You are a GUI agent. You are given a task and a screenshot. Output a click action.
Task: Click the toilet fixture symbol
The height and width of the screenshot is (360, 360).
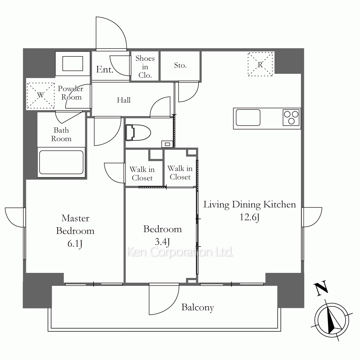click(138, 133)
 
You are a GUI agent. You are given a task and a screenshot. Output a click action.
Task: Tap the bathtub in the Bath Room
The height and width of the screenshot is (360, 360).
click(61, 162)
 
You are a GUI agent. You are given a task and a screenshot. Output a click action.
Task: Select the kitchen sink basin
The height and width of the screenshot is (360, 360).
click(248, 117)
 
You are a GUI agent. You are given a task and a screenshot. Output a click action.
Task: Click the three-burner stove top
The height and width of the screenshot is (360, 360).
click(291, 117)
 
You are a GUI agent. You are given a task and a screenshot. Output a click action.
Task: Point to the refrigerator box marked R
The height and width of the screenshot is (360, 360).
click(260, 64)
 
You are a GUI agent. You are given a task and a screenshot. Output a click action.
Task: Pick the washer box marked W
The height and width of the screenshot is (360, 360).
click(41, 95)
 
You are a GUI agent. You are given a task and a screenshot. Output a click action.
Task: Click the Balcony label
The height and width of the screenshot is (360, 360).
click(197, 307)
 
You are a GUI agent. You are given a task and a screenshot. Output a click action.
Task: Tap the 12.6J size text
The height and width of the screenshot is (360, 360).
click(249, 217)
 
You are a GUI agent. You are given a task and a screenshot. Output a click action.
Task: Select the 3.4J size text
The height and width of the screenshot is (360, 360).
click(162, 242)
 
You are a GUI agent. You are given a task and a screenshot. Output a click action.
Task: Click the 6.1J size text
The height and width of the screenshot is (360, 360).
click(75, 243)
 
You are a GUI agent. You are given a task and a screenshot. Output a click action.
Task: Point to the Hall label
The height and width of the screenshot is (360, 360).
click(124, 100)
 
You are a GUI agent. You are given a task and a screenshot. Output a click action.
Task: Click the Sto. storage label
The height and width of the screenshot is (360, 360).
click(180, 65)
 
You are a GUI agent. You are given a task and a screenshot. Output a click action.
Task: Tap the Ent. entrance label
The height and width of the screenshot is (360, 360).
click(105, 69)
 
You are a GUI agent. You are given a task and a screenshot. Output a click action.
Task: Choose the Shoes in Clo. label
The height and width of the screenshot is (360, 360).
click(145, 67)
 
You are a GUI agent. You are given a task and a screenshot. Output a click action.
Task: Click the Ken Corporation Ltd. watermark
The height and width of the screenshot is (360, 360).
click(180, 252)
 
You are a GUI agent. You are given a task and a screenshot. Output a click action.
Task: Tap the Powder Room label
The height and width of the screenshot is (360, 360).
click(71, 93)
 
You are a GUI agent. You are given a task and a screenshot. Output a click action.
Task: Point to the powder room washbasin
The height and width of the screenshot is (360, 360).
click(73, 64)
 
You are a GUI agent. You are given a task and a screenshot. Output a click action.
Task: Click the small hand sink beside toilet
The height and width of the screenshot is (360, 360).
click(167, 144)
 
